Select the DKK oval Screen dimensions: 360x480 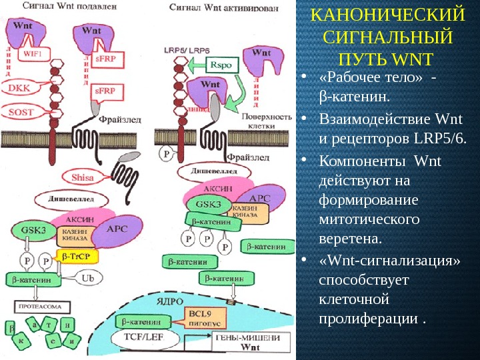19,87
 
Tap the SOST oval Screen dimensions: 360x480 21,112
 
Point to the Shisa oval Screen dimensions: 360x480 83,177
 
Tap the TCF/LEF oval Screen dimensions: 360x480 149,338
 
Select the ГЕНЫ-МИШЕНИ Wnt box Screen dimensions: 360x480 250,343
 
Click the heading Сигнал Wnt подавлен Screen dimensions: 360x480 57,6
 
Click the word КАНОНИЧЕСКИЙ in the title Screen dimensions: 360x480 387,15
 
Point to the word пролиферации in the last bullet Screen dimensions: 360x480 369,319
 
